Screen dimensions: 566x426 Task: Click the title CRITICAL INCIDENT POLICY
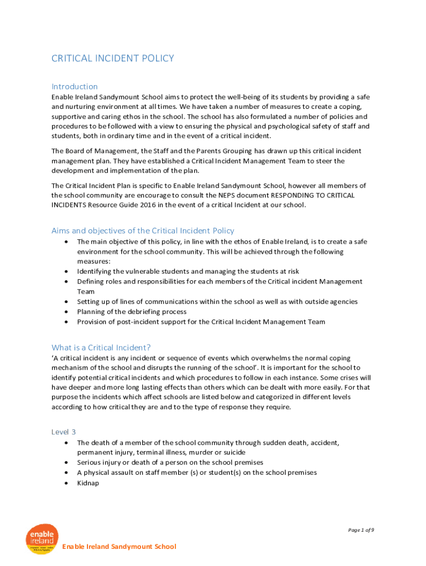tap(113, 58)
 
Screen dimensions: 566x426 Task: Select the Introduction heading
tap(75, 86)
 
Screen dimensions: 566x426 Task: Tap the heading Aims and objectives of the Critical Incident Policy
tap(143, 230)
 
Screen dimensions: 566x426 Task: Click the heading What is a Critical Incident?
tap(101, 347)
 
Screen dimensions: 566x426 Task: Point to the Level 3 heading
tap(64, 432)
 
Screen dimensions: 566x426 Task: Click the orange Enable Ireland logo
tap(42, 539)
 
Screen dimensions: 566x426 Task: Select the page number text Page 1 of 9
tap(361, 530)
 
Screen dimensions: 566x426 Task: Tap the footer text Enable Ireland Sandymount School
tap(119, 547)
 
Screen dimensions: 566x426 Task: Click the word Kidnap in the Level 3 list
tap(88, 483)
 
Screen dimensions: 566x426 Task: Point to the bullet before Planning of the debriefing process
tap(66, 312)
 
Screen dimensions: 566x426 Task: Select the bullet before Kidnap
tap(66, 483)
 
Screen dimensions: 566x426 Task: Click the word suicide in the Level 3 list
tap(219, 453)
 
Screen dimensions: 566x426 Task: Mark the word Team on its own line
tap(86, 291)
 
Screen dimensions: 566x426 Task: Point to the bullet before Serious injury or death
tap(66, 463)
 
